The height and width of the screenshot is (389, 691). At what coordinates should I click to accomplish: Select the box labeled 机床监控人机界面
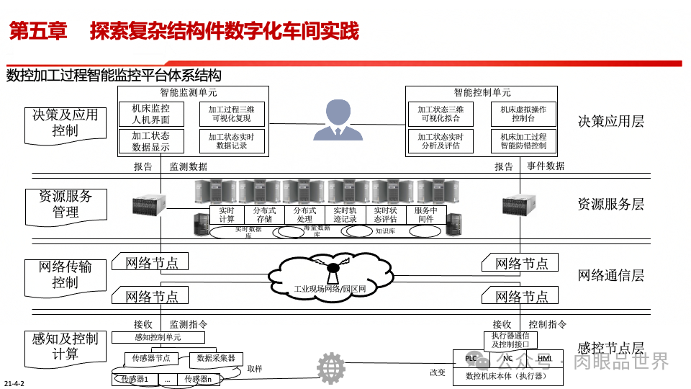pyautogui.click(x=151, y=114)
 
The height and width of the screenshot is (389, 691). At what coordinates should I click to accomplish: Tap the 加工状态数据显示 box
pyautogui.click(x=151, y=141)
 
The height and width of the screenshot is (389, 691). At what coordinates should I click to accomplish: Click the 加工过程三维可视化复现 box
pyautogui.click(x=232, y=114)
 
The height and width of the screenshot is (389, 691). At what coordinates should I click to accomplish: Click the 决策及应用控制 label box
pyautogui.click(x=65, y=122)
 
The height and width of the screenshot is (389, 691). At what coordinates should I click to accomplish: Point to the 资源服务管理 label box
pyautogui.click(x=65, y=204)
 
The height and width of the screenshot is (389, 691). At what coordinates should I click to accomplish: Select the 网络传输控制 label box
pyautogui.click(x=65, y=274)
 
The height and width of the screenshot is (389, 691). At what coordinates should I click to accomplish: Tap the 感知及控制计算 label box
pyautogui.click(x=65, y=346)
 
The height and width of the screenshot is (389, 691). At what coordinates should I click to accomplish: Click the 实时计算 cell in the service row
pyautogui.click(x=227, y=215)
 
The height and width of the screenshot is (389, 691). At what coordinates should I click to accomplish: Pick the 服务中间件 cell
pyautogui.click(x=426, y=215)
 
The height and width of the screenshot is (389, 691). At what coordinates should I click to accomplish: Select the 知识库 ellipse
pyautogui.click(x=386, y=231)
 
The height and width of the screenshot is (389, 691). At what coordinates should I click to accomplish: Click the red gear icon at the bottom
pyautogui.click(x=331, y=367)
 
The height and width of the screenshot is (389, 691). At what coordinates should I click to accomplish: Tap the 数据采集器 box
pyautogui.click(x=217, y=358)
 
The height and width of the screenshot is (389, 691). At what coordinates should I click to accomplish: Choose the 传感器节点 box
pyautogui.click(x=151, y=358)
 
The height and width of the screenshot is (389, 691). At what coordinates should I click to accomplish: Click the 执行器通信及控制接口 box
pyautogui.click(x=510, y=340)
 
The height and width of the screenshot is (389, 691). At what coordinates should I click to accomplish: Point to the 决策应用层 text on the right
pyautogui.click(x=610, y=121)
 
